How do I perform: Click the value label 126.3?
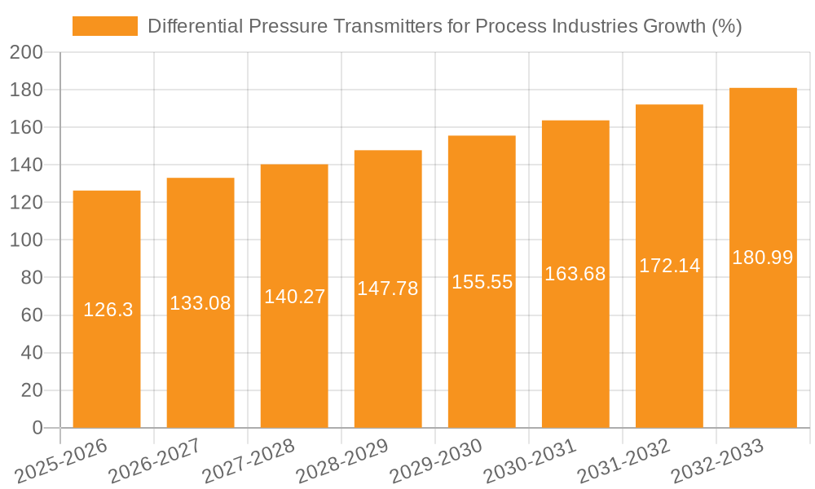pyautogui.click(x=108, y=310)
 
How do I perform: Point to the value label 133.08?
pyautogui.click(x=200, y=303)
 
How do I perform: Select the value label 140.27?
pyautogui.click(x=294, y=297)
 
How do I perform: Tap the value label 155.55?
pyautogui.click(x=482, y=282)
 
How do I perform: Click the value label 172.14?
pyautogui.click(x=669, y=266)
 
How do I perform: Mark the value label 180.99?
pyautogui.click(x=763, y=258)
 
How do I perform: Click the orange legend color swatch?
pyautogui.click(x=105, y=26)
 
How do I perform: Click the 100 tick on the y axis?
pyautogui.click(x=25, y=240)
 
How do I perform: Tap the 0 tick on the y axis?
pyautogui.click(x=37, y=428)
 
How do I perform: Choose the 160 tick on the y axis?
pyautogui.click(x=25, y=127)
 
